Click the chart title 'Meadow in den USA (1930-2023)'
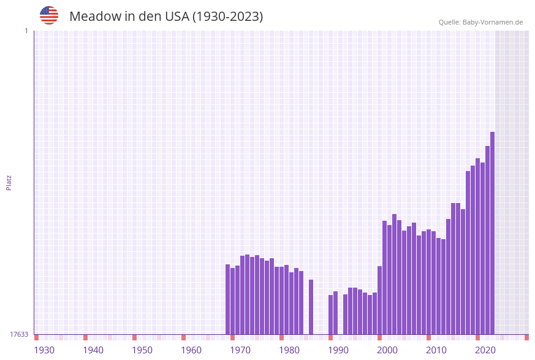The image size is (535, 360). click(x=166, y=17)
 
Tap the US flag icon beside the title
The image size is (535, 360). click(x=49, y=15)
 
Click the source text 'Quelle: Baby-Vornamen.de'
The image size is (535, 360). click(x=480, y=22)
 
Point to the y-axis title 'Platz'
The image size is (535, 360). click(x=9, y=182)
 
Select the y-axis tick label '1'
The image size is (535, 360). click(x=26, y=31)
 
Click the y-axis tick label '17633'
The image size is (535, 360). click(x=19, y=334)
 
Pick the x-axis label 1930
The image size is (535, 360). click(x=44, y=350)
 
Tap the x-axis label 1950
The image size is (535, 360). click(x=142, y=350)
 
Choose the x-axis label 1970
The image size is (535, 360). click(x=240, y=350)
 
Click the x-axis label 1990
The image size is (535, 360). click(x=338, y=350)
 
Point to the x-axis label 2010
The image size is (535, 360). click(x=436, y=350)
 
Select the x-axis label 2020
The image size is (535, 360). click(x=485, y=350)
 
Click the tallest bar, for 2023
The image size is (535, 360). click(x=492, y=233)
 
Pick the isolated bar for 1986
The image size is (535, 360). click(x=311, y=307)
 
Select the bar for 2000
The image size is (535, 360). click(x=379, y=300)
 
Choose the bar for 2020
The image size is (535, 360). click(x=477, y=246)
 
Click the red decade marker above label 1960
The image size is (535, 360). click(x=183, y=337)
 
